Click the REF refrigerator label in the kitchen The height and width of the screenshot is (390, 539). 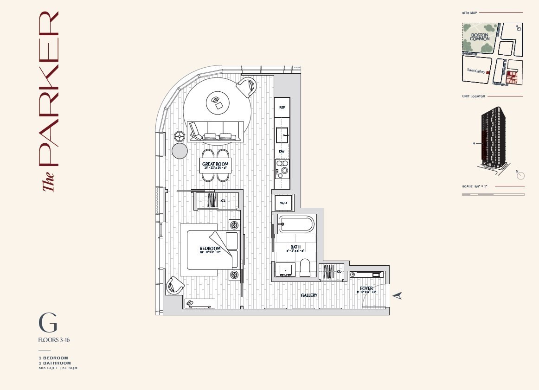282,107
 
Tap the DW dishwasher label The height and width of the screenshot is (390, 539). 282,151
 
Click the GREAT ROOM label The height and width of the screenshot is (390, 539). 215,165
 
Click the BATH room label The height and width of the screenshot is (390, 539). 295,247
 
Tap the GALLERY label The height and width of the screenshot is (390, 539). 309,295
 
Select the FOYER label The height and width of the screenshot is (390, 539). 366,289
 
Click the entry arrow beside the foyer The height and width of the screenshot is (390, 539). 397,296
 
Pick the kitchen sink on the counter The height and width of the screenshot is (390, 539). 282,135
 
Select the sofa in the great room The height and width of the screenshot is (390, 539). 216,132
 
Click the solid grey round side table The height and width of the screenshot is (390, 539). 180,151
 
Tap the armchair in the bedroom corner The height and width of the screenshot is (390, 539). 174,285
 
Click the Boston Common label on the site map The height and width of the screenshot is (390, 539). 479,37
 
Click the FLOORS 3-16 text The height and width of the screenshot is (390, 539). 54,340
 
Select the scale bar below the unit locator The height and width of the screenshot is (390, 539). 493,195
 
